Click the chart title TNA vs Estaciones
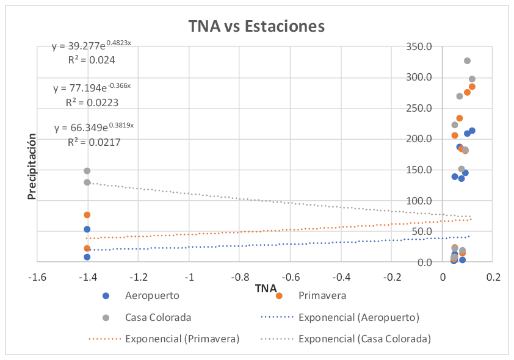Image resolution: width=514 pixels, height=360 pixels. click(256, 26)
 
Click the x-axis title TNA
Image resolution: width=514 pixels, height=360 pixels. click(266, 288)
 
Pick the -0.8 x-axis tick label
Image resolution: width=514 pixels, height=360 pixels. click(239, 277)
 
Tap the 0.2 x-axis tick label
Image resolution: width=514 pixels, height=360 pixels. click(493, 277)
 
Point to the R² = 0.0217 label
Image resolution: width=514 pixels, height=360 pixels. click(93, 142)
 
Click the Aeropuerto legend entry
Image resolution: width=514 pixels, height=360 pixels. click(146, 296)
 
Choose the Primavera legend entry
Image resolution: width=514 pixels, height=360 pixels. click(322, 296)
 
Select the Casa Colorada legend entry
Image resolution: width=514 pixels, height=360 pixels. click(158, 317)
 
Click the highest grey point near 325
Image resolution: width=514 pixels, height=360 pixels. click(467, 60)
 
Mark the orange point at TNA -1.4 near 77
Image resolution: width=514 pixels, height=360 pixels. click(87, 215)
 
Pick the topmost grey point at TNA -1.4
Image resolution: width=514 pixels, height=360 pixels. click(87, 171)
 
